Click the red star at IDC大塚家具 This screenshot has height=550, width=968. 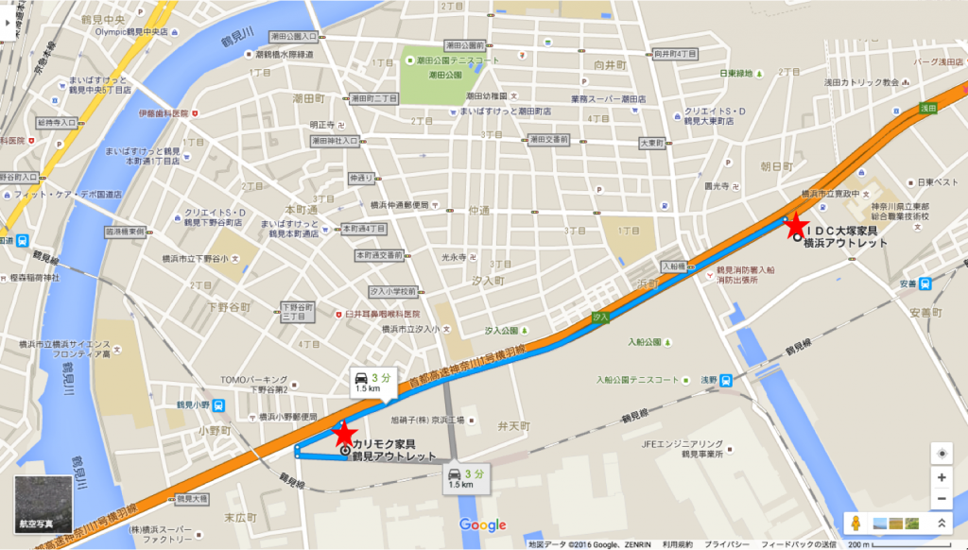tap(795, 226)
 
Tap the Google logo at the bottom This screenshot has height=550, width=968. tap(483, 524)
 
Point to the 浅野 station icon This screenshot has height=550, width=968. tap(724, 380)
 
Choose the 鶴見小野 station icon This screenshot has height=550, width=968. tap(219, 405)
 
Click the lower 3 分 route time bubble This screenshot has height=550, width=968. tap(467, 477)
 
